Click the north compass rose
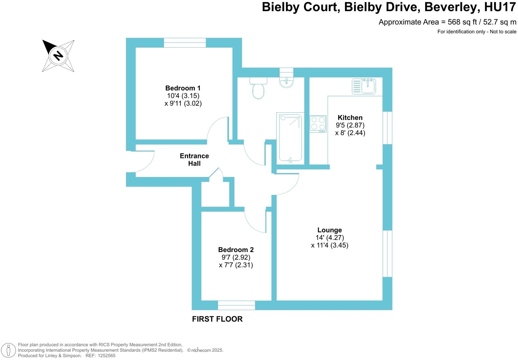coord(58,56)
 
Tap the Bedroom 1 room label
coord(183,88)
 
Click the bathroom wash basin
coord(286,82)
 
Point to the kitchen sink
coord(364,86)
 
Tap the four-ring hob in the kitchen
coord(318,124)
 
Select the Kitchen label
coord(350,117)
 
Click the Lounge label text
coord(329,230)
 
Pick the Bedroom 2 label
coord(236,250)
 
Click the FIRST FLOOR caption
coord(217,319)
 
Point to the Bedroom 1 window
coord(185,43)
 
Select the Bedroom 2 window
coord(236,305)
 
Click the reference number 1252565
coord(106,356)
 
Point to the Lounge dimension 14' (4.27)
coord(330,238)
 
